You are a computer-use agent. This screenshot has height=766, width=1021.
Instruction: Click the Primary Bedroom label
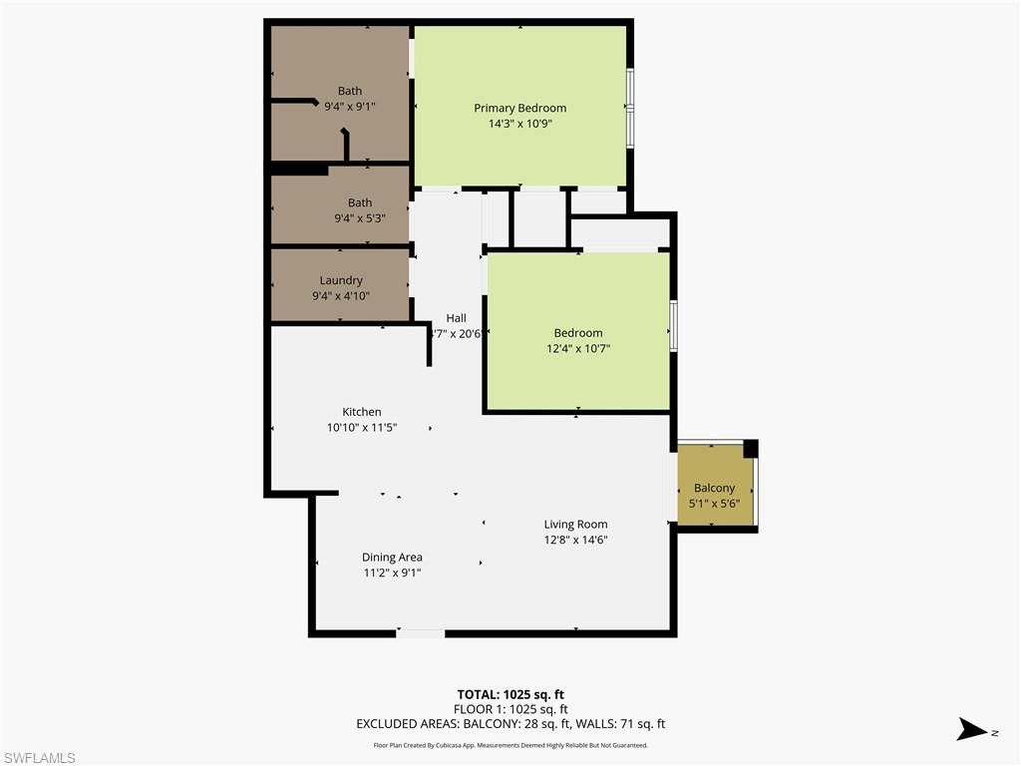click(519, 108)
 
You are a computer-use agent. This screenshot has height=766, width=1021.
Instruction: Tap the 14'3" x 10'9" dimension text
click(519, 124)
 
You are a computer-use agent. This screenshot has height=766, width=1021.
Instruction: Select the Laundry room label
click(341, 280)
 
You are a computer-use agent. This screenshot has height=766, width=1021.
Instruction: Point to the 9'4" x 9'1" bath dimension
click(349, 106)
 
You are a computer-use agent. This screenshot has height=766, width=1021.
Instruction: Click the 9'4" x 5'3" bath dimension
click(359, 217)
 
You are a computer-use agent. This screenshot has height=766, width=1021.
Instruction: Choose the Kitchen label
click(361, 411)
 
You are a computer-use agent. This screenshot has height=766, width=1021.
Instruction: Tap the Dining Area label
click(392, 557)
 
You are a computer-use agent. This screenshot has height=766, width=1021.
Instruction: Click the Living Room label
click(575, 524)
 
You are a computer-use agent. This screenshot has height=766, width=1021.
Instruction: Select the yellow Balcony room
click(715, 487)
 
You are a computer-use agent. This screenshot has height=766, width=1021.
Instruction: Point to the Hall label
click(456, 318)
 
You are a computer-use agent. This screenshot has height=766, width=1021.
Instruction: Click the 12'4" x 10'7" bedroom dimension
click(578, 348)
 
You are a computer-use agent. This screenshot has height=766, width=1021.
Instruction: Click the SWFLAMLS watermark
click(39, 758)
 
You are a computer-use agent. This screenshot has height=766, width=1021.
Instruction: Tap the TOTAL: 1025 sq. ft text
click(510, 694)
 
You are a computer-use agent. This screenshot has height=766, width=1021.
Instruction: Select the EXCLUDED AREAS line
click(510, 724)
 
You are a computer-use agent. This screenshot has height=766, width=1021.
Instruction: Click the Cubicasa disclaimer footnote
click(510, 745)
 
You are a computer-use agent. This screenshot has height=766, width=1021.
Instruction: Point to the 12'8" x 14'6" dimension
click(575, 540)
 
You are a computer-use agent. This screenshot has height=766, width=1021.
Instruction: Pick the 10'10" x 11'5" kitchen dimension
click(361, 427)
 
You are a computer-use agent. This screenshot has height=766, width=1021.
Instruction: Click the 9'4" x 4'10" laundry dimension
click(341, 295)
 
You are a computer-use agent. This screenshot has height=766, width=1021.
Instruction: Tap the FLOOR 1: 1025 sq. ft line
click(510, 709)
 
